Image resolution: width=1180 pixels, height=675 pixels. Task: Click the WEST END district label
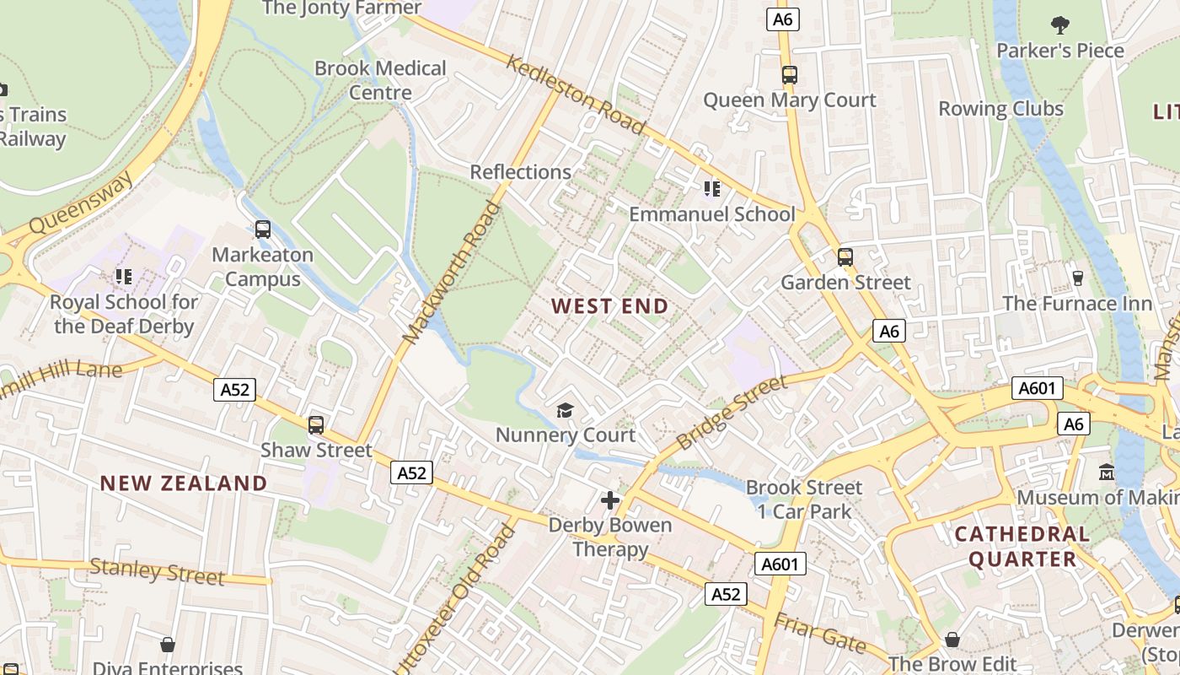610,306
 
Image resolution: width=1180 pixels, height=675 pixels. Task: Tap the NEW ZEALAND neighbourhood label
184,483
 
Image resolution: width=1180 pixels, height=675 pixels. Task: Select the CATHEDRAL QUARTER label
1022,546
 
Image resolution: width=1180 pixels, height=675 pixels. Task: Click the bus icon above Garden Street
845,257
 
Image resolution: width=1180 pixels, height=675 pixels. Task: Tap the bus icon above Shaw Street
315,425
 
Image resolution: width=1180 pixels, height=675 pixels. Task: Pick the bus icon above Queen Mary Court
789,75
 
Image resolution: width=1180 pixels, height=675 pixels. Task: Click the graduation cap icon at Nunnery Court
565,411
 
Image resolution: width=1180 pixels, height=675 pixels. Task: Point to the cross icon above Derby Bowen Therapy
610,500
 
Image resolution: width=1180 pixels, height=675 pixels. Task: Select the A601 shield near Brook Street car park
780,564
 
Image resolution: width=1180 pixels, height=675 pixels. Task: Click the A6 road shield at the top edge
783,19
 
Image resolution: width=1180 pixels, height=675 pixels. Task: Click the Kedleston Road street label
577,94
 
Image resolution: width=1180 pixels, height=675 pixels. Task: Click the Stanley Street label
157,572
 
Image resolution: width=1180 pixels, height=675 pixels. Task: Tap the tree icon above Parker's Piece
1059,25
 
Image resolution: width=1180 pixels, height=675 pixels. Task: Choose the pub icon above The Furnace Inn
1076,278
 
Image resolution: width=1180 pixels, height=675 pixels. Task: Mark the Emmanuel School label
712,214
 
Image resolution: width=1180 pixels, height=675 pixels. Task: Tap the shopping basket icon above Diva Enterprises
168,645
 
